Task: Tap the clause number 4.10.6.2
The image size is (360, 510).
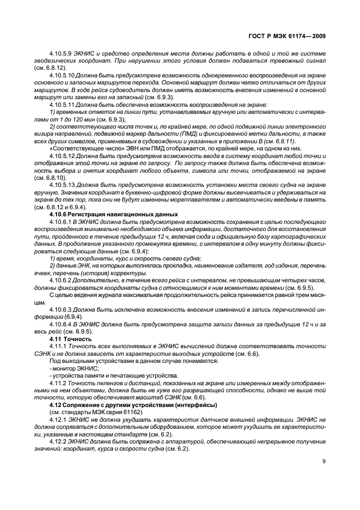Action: [60, 278]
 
